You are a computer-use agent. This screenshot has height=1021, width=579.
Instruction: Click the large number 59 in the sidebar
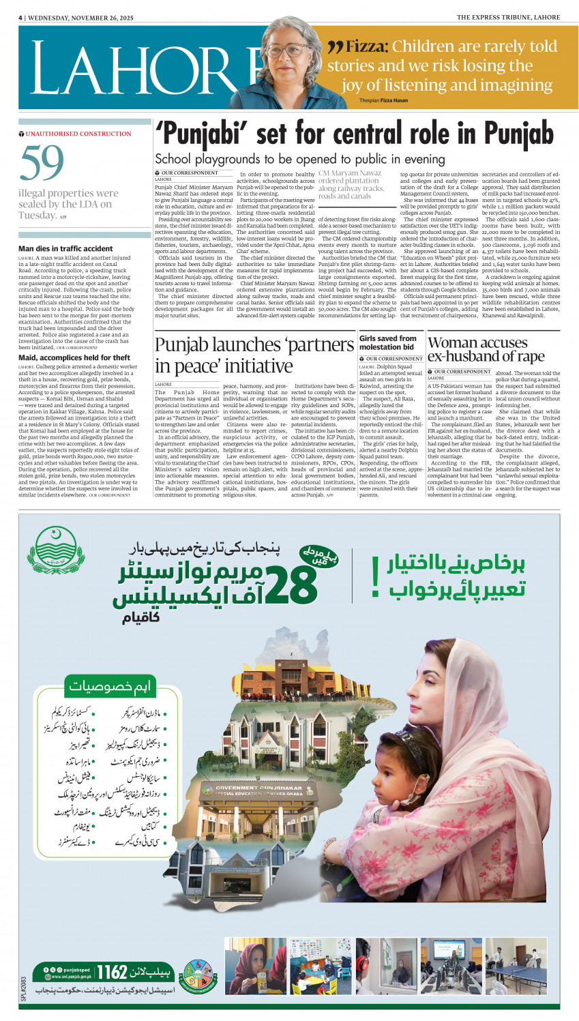click(x=42, y=164)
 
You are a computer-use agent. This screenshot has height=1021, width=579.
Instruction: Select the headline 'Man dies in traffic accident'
click(x=65, y=249)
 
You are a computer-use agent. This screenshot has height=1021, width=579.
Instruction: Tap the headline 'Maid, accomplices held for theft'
click(x=74, y=357)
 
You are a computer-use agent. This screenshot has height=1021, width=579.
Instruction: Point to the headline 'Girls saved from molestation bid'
click(x=387, y=342)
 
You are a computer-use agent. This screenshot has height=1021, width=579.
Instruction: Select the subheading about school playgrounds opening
click(x=299, y=160)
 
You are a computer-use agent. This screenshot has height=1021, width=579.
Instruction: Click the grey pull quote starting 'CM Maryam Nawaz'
click(x=351, y=185)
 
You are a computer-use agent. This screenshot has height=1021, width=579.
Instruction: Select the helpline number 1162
click(x=112, y=971)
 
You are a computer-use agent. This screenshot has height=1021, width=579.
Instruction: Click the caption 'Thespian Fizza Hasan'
click(x=383, y=100)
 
